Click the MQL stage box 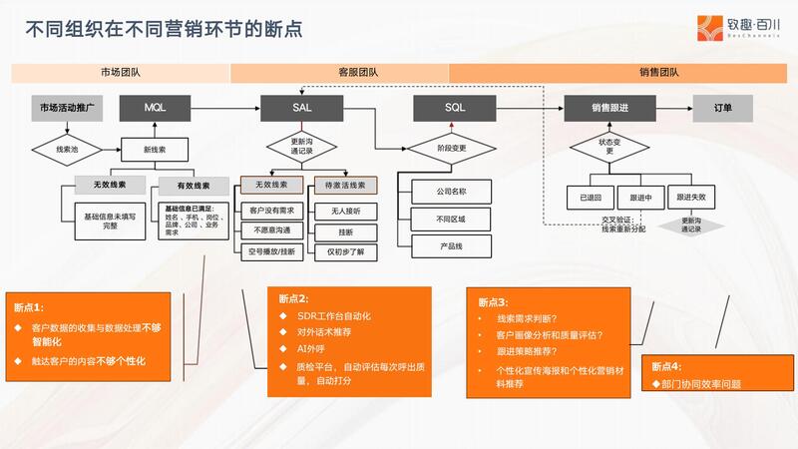(x=155, y=107)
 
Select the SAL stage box (x=302, y=107)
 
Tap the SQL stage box (x=454, y=107)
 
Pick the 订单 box (x=724, y=107)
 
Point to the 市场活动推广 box (x=67, y=107)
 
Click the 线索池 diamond (x=67, y=151)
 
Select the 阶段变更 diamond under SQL (x=452, y=150)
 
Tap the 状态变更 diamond (x=608, y=148)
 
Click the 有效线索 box (x=193, y=186)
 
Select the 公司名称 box (x=451, y=189)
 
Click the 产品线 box (x=451, y=244)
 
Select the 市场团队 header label (x=121, y=73)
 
